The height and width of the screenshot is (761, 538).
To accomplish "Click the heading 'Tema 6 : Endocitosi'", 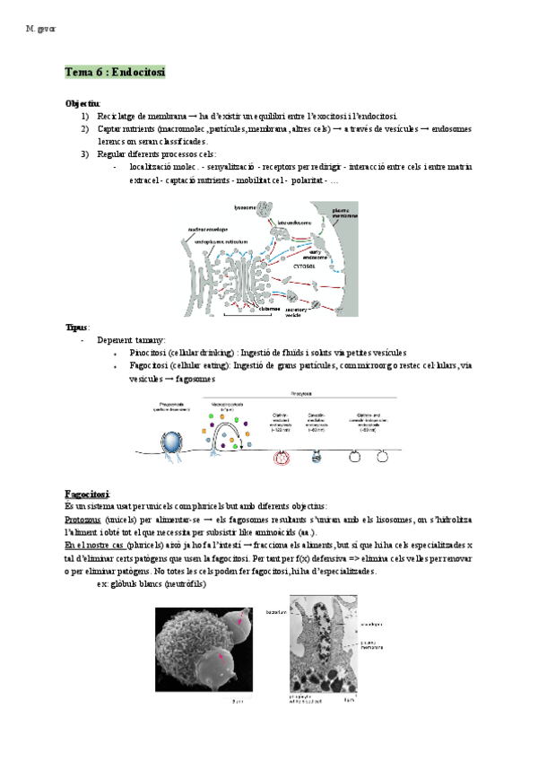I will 116,71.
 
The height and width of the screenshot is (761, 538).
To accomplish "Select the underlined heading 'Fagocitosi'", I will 87,494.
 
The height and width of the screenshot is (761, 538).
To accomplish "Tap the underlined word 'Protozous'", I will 83,520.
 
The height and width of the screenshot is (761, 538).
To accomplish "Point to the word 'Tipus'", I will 77,328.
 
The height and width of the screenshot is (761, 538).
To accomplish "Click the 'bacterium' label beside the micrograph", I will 275,612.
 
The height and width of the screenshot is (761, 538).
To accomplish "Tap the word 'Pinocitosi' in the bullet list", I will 151,353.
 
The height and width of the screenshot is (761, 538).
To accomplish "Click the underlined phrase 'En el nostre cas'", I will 94,545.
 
